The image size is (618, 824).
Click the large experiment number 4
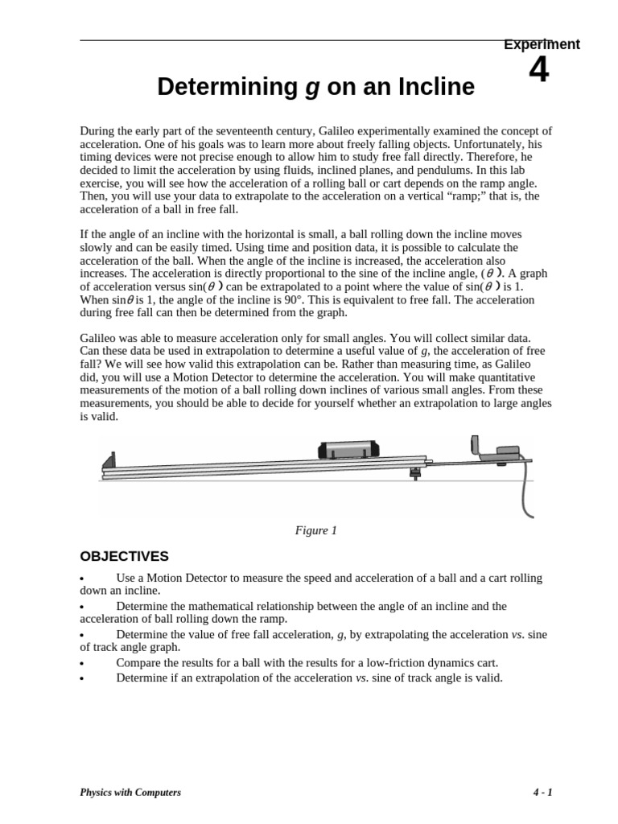click(x=539, y=71)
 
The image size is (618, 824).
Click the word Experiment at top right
click(x=542, y=44)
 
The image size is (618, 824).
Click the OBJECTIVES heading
click(x=124, y=556)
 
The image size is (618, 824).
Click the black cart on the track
click(x=348, y=450)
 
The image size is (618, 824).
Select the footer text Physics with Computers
click(x=130, y=793)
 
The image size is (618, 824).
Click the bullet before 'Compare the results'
click(x=83, y=664)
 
